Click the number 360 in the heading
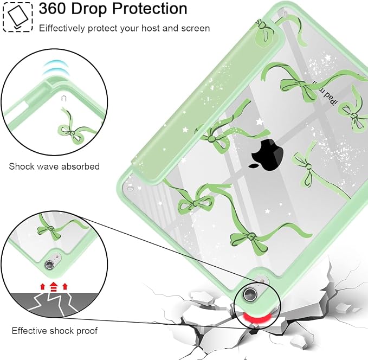pyautogui.click(x=53, y=9)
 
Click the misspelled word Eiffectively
pyautogui.click(x=62, y=28)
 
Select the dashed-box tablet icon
pyautogui.click(x=18, y=17)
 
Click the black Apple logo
pyautogui.click(x=267, y=155)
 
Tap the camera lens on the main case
pyautogui.click(x=250, y=294)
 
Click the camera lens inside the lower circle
pyautogui.click(x=49, y=265)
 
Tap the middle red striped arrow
pyautogui.click(x=54, y=286)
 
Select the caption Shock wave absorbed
pyautogui.click(x=54, y=166)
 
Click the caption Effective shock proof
pyautogui.click(x=54, y=331)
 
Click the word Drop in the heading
pyautogui.click(x=89, y=9)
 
